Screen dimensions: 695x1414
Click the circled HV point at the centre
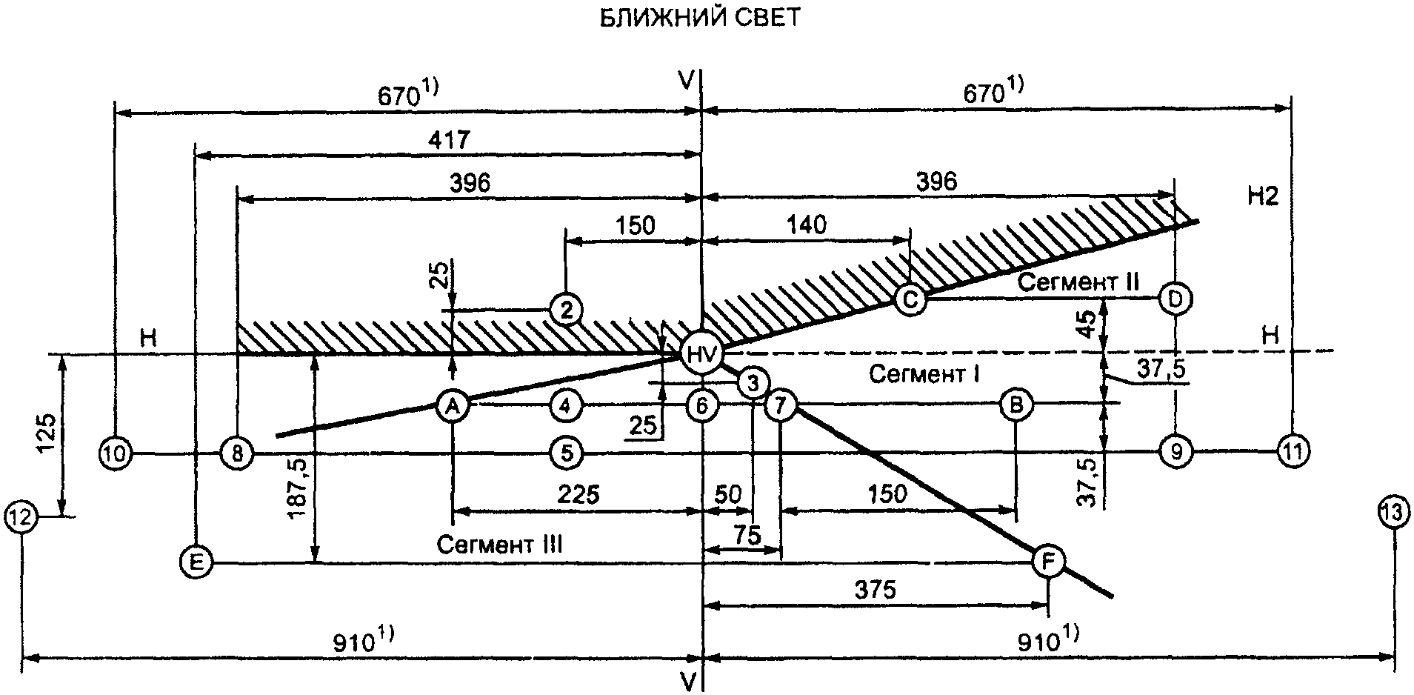(701, 355)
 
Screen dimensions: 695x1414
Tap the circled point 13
(1394, 513)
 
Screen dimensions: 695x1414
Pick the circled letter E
(196, 562)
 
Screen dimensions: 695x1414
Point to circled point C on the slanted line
(910, 299)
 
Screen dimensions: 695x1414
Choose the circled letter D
(1175, 299)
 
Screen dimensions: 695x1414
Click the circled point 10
(116, 452)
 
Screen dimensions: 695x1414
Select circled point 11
(1293, 450)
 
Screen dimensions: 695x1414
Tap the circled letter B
(1016, 405)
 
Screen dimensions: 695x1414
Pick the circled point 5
(567, 452)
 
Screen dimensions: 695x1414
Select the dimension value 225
(578, 494)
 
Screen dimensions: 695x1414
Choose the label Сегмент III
(499, 545)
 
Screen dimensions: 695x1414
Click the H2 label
(1262, 197)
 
